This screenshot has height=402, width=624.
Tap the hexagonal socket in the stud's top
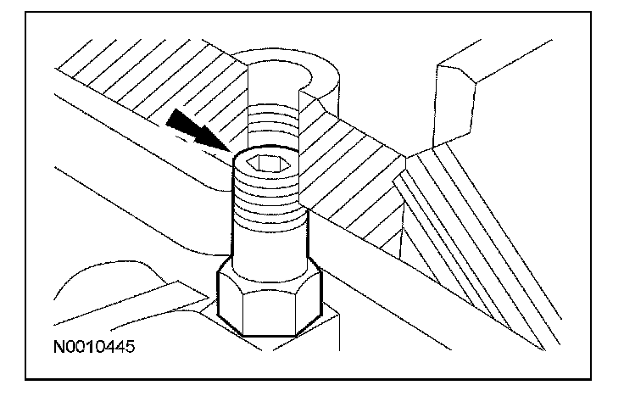[x=269, y=165]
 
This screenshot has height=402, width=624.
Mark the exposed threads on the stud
[x=268, y=195]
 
